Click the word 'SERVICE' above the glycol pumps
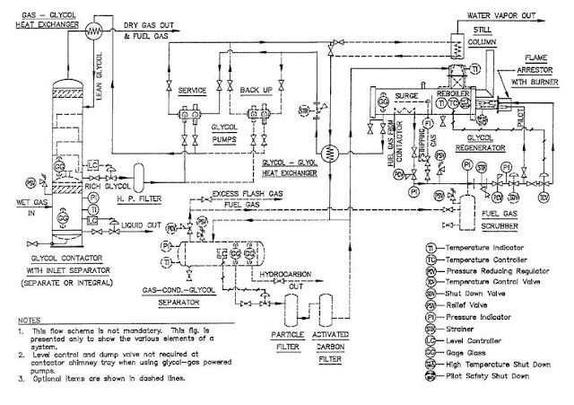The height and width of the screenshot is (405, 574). (x=193, y=91)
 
